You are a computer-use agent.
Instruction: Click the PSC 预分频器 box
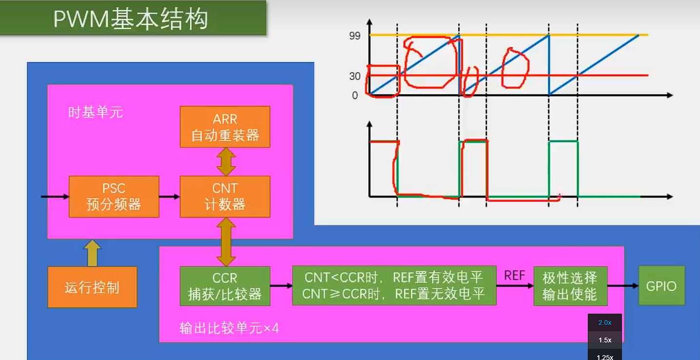114,197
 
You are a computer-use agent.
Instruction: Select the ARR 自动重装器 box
225,127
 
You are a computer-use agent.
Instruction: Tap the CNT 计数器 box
225,197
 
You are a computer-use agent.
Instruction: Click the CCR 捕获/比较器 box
225,286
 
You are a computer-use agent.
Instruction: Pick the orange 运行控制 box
92,287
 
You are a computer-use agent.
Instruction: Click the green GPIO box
661,286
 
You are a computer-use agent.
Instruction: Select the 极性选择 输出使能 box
570,286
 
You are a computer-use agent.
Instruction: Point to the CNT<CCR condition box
394,286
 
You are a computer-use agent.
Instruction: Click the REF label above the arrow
515,276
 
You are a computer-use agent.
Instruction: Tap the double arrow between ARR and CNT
226,161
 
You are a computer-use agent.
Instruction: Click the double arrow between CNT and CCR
226,241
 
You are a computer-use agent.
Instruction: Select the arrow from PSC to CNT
169,197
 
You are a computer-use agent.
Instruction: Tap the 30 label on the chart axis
355,76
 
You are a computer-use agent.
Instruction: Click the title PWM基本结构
131,19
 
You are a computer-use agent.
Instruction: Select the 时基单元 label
96,113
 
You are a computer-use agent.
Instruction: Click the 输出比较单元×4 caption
229,328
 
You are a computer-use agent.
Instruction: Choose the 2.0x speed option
605,322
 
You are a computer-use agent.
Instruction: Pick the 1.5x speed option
605,340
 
